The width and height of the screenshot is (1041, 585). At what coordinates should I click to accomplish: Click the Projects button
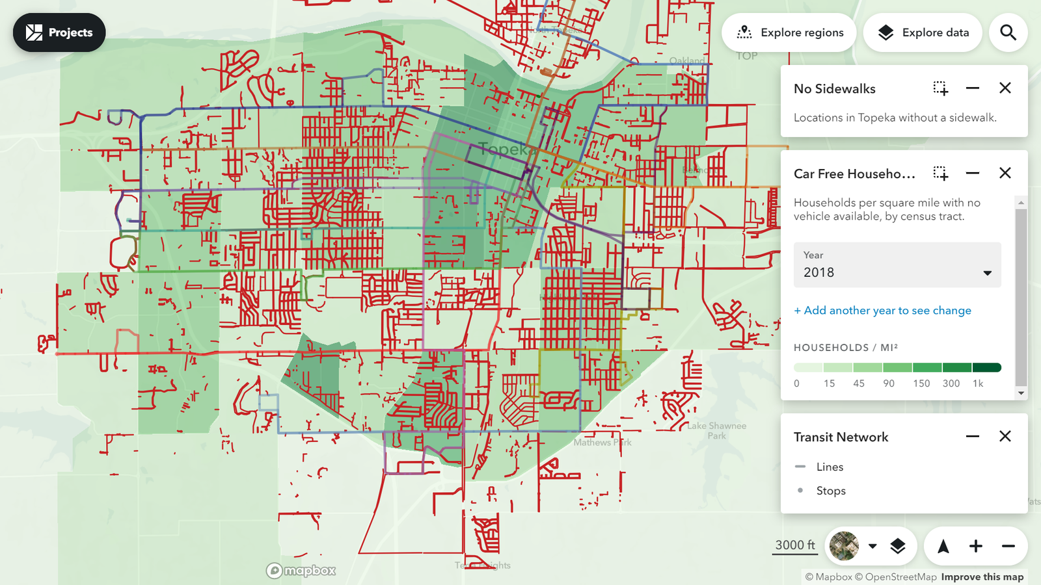[x=59, y=32]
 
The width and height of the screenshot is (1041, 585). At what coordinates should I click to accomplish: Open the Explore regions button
[x=789, y=32]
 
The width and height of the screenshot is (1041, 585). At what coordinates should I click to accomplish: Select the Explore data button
[x=923, y=32]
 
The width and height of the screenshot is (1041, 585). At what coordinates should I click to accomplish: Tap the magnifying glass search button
[x=1008, y=32]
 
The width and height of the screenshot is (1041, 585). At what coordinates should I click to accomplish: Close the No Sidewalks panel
[x=1005, y=88]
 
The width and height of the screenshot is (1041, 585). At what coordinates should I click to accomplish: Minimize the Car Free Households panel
[x=972, y=173]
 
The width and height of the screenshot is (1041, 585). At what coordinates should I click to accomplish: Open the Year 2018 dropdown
[x=897, y=265]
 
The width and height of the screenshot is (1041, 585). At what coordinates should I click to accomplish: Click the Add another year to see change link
[x=882, y=311]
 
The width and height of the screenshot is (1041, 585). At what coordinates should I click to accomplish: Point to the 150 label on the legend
[x=921, y=383]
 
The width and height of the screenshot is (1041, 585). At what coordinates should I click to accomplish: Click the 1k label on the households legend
[x=978, y=383]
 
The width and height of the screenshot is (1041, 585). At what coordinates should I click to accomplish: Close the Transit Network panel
[x=1005, y=436]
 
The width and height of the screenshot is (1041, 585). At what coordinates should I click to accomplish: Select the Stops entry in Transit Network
[x=831, y=491]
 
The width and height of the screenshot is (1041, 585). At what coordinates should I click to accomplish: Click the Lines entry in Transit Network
[x=830, y=467]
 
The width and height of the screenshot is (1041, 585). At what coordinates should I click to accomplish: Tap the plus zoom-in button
[x=975, y=546]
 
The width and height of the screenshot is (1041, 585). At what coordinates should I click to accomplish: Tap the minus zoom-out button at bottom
[x=1008, y=546]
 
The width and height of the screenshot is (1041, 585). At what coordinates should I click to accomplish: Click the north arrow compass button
[x=943, y=546]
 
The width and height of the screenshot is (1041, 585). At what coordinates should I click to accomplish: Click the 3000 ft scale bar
[x=794, y=545]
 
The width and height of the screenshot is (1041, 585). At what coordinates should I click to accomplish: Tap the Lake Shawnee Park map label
[x=716, y=430]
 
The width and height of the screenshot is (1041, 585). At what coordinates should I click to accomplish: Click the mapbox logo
[x=301, y=571]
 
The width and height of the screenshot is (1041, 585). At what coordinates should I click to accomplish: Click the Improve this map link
[x=982, y=577]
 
